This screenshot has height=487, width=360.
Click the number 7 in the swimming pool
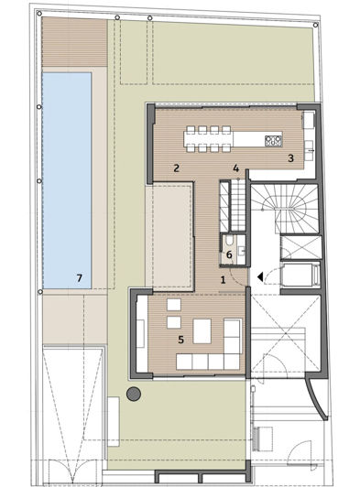80,276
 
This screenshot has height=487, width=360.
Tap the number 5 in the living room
181,339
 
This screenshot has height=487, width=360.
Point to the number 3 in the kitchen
290,157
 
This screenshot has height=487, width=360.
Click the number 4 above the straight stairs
235,168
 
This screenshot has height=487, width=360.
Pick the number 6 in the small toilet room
229,254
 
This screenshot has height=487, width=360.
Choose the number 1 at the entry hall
223,280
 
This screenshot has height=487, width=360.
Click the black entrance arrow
261,275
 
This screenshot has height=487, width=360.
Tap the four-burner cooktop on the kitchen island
272,140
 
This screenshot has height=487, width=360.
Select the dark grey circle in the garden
134,394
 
